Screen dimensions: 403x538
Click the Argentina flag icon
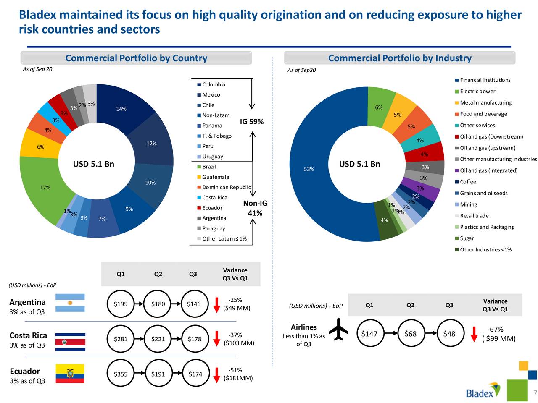pyautogui.click(x=70, y=303)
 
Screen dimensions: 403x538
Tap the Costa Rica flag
pyautogui.click(x=70, y=342)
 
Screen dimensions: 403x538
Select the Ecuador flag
pyautogui.click(x=70, y=374)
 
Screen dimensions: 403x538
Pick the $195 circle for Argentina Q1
pyautogui.click(x=121, y=304)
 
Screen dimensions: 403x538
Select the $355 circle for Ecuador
pyautogui.click(x=121, y=374)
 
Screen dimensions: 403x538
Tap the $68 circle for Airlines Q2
pyautogui.click(x=410, y=334)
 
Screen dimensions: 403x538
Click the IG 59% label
pyautogui.click(x=252, y=122)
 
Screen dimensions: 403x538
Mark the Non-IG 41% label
pyautogui.click(x=255, y=208)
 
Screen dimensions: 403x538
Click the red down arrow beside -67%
pyautogui.click(x=474, y=334)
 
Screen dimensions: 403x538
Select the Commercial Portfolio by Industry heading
pyautogui.click(x=400, y=58)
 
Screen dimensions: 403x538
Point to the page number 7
pyautogui.click(x=535, y=393)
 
